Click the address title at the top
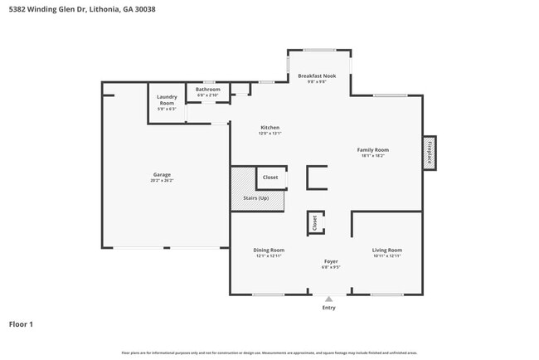point(76,10)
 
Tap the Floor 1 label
point(21,324)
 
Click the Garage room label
point(162,174)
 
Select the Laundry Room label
point(167,100)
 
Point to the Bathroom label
point(208,89)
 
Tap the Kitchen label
point(270,127)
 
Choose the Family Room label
point(372,149)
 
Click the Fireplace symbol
point(430,153)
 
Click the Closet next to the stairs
point(270,178)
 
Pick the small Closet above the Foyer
point(314,222)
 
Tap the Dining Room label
point(269,250)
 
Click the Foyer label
point(330,262)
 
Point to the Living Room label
point(386,250)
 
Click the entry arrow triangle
point(328,299)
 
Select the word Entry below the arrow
point(329,308)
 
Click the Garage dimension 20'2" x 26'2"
point(162,180)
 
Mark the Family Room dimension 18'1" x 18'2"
point(372,155)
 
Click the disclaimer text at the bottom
point(269,353)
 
